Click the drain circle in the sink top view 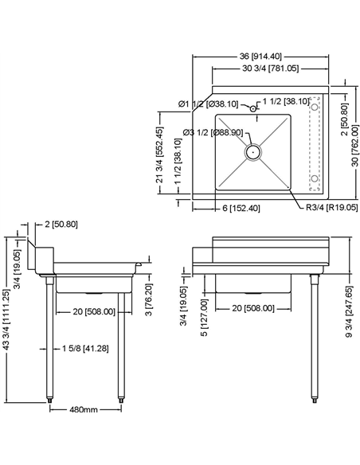tap(252, 149)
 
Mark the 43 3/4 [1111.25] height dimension tap(7, 317)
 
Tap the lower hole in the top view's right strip tap(315, 178)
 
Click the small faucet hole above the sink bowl tap(252, 106)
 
